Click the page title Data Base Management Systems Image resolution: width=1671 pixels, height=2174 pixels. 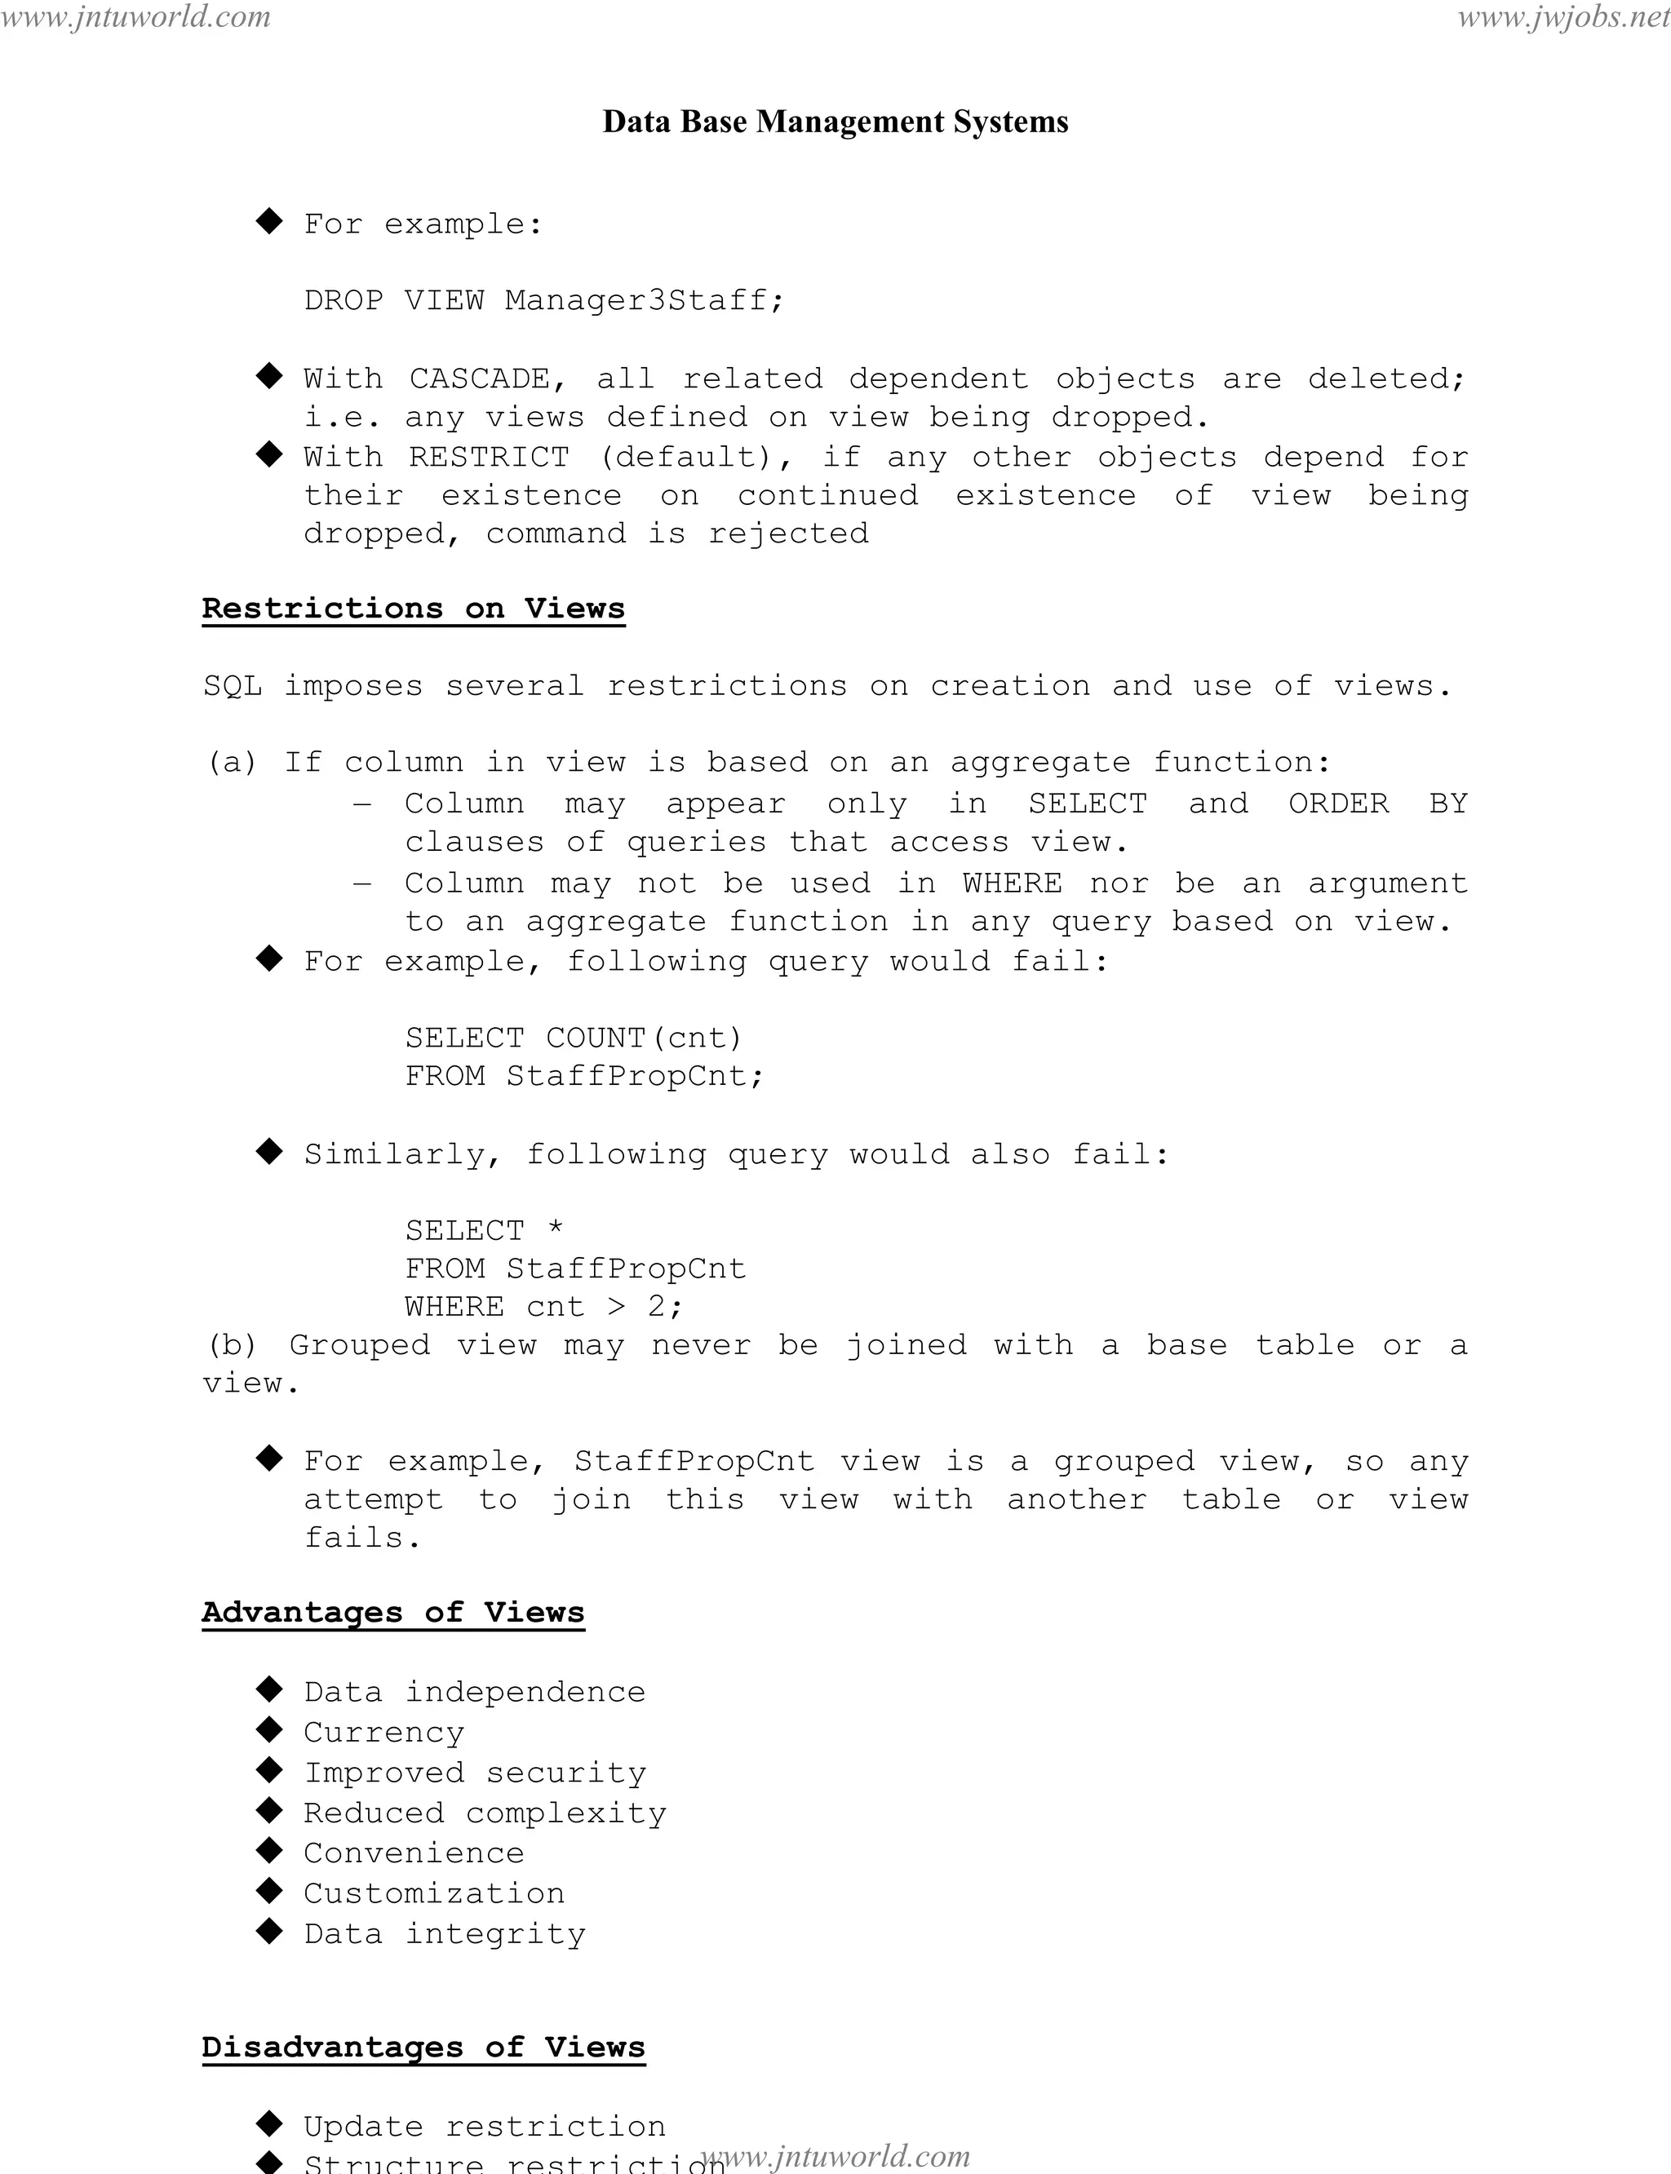[x=835, y=122]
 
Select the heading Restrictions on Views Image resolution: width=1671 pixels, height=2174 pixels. [x=413, y=609]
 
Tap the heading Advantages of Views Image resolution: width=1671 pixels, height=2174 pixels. [x=393, y=1612]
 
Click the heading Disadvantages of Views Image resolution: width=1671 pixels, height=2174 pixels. [x=423, y=2047]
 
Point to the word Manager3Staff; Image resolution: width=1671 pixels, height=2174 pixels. [x=645, y=300]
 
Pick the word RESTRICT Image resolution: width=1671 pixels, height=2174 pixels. [x=490, y=458]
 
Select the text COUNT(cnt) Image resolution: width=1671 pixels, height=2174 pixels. [x=645, y=1038]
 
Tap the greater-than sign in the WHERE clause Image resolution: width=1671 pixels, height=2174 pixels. [x=617, y=1307]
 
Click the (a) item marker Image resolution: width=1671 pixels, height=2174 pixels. [x=232, y=763]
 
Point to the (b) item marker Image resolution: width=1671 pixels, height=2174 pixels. [x=232, y=1345]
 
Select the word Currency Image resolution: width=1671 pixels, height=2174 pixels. [x=384, y=1733]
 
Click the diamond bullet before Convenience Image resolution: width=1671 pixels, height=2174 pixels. [x=269, y=1850]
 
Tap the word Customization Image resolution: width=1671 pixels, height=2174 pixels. [x=434, y=1893]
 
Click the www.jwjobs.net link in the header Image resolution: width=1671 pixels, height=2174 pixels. [x=1563, y=17]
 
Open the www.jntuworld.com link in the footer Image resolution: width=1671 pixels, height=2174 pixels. [x=835, y=2155]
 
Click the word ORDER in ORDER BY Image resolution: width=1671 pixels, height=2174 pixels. [x=1339, y=804]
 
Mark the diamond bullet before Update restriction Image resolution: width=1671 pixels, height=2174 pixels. [x=269, y=2123]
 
